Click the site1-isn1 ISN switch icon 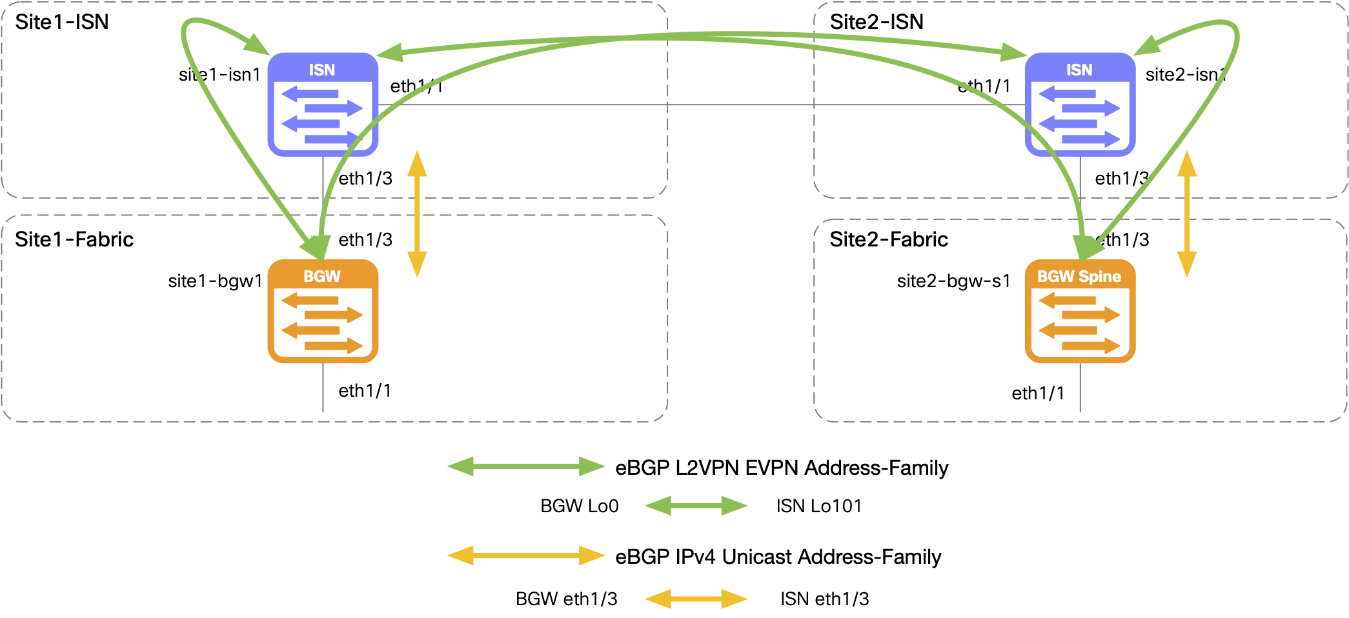pos(323,105)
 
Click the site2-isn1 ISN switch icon pos(1080,105)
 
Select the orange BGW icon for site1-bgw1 pos(323,311)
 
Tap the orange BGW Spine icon pos(1080,311)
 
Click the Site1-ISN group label pos(62,22)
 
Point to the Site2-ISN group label pos(876,22)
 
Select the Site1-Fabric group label pos(74,239)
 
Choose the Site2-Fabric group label pos(888,239)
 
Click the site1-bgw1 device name pos(215,281)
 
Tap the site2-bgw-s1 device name pos(953,281)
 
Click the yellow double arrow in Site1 pos(417,214)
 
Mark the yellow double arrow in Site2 pos(1186,214)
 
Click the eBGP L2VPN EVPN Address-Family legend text pos(782,468)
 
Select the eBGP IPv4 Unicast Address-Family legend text pos(778,557)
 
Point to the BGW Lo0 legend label pos(579,506)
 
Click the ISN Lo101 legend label pos(818,506)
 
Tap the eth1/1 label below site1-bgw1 pos(365,391)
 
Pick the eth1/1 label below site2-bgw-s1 pos(1037,394)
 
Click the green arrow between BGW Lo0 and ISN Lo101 pos(696,506)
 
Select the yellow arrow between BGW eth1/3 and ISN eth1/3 pos(696,599)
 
